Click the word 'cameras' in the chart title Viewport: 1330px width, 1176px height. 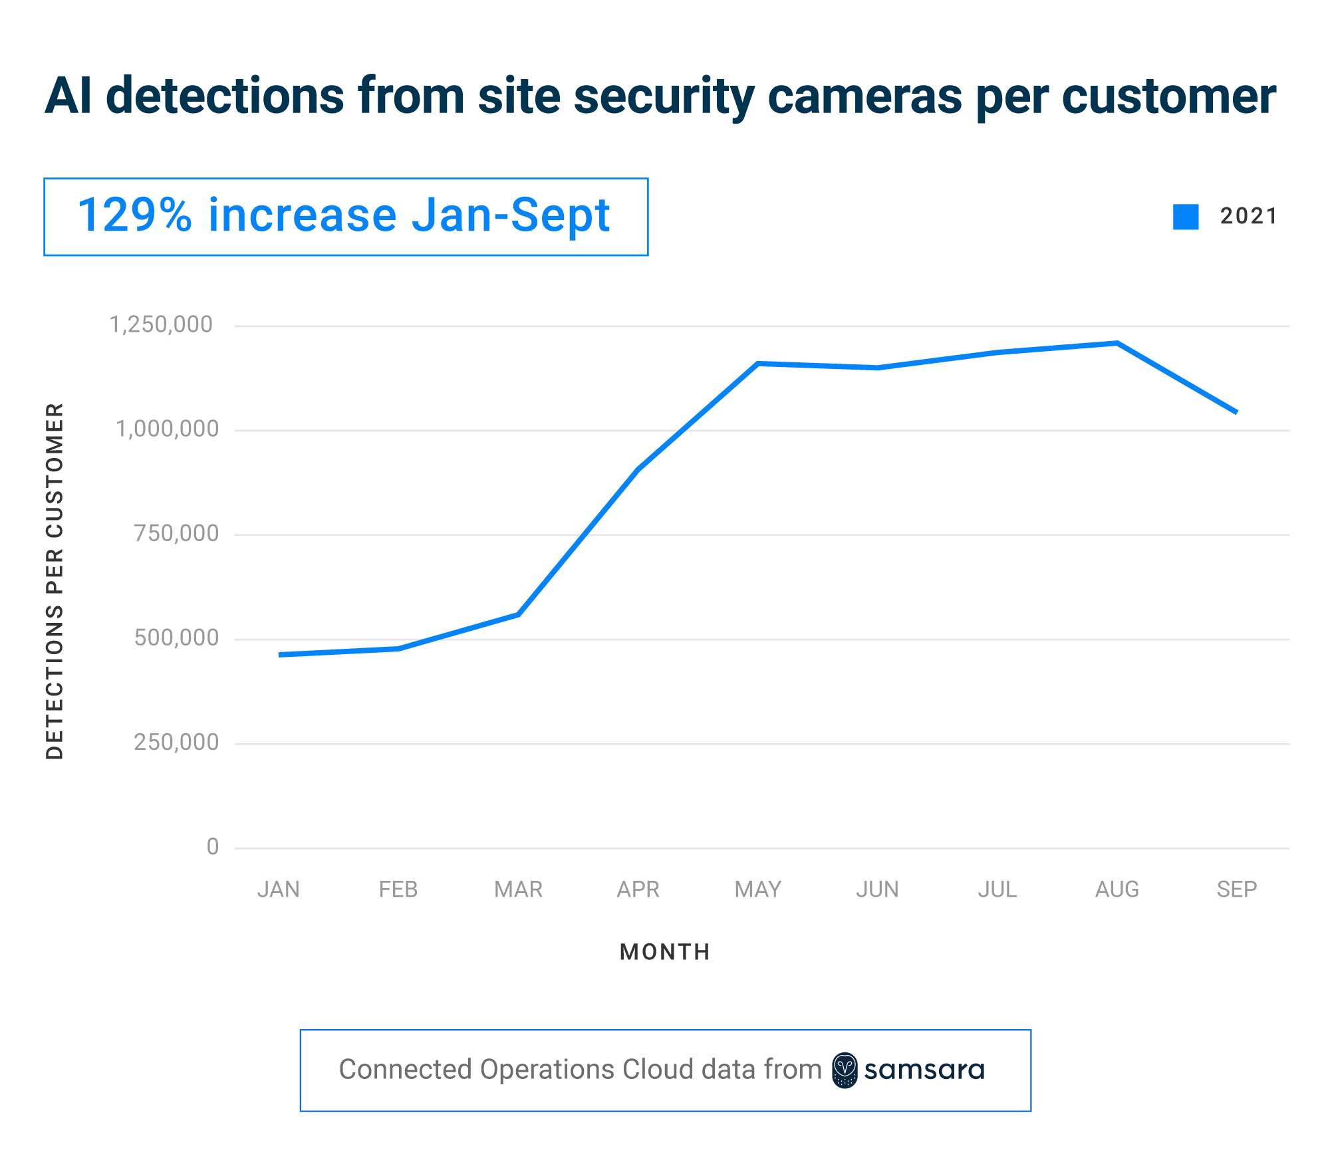pyautogui.click(x=864, y=96)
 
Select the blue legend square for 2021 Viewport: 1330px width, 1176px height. pyautogui.click(x=1186, y=217)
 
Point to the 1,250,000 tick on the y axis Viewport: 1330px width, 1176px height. pyautogui.click(x=161, y=324)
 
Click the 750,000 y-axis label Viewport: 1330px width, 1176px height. pyautogui.click(x=176, y=533)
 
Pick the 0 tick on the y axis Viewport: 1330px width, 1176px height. pyautogui.click(x=213, y=846)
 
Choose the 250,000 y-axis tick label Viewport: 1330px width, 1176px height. pyautogui.click(x=176, y=742)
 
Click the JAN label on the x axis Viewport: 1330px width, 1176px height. pyautogui.click(x=279, y=889)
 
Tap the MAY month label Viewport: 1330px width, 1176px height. pyautogui.click(x=757, y=889)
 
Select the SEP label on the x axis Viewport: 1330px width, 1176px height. pyautogui.click(x=1236, y=889)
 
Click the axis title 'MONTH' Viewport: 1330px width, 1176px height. pyautogui.click(x=665, y=952)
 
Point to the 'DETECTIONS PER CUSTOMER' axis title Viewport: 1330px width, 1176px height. pyautogui.click(x=55, y=580)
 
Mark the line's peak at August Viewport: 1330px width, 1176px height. pyautogui.click(x=1117, y=343)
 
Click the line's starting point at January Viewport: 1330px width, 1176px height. pyautogui.click(x=281, y=655)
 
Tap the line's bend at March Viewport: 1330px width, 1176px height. pyautogui.click(x=518, y=614)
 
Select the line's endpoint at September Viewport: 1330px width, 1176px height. pyautogui.click(x=1236, y=412)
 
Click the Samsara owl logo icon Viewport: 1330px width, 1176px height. pyautogui.click(x=845, y=1070)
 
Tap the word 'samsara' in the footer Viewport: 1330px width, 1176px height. pyautogui.click(x=924, y=1070)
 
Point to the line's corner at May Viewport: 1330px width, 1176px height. pyautogui.click(x=757, y=364)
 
